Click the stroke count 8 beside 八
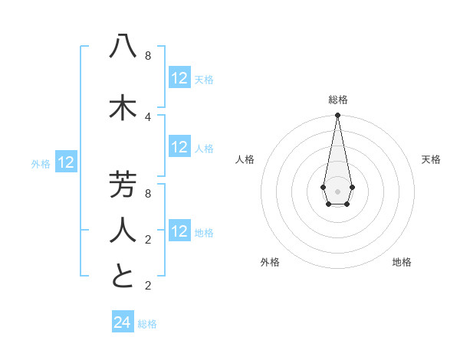148,56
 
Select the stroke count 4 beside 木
148,116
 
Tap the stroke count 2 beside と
148,286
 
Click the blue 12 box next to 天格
179,78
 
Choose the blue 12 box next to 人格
179,147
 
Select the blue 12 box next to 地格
179,231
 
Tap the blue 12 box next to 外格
66,162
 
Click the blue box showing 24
123,322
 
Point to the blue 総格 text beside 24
147,324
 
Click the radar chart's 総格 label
337,100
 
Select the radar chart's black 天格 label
431,159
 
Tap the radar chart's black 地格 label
402,262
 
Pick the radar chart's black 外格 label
270,262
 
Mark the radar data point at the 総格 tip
337,116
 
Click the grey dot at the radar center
337,191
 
